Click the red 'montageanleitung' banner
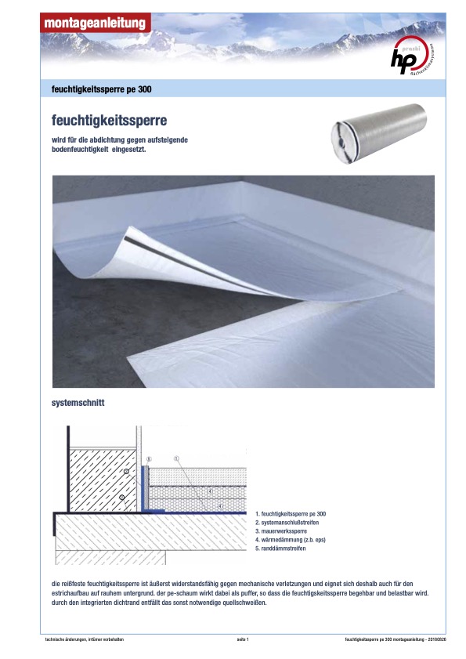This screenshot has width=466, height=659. (x=96, y=23)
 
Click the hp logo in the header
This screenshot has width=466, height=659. (x=412, y=56)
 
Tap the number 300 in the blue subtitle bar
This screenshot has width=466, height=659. (x=145, y=89)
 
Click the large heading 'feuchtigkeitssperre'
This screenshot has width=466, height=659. (x=109, y=121)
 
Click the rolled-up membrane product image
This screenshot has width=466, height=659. (x=378, y=132)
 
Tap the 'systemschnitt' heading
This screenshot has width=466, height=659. (x=78, y=403)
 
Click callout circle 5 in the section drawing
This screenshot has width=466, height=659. (x=148, y=459)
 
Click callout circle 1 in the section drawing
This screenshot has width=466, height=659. (x=176, y=458)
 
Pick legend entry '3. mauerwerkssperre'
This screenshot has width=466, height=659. (x=281, y=531)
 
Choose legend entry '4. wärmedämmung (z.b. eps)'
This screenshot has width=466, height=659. (x=291, y=540)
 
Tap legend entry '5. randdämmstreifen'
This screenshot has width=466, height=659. (x=280, y=549)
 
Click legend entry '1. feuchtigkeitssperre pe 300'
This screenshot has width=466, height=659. (x=291, y=513)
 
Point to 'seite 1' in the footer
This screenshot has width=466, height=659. (x=243, y=639)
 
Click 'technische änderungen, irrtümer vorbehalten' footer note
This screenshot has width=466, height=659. (x=85, y=639)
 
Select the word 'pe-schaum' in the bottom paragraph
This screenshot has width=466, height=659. (x=181, y=593)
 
